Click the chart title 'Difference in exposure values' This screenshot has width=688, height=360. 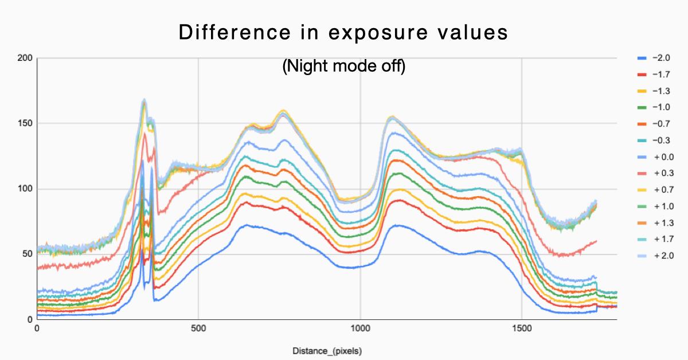[343, 33]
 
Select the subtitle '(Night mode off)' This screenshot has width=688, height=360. [343, 66]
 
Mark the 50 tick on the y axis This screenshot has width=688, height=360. [26, 255]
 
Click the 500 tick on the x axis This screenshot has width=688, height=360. [198, 330]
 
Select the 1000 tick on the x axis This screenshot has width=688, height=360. [360, 330]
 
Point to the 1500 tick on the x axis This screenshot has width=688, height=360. [522, 330]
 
